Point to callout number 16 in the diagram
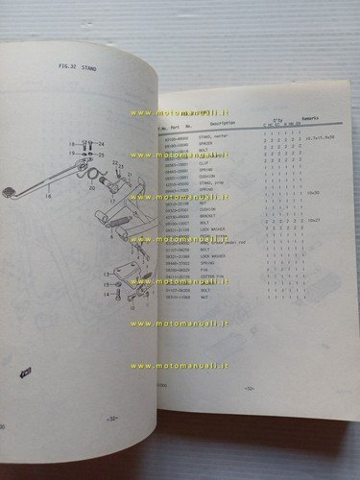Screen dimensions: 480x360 [x=45, y=194]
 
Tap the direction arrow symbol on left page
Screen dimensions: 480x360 [x=23, y=370]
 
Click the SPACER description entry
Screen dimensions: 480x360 [x=206, y=143]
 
